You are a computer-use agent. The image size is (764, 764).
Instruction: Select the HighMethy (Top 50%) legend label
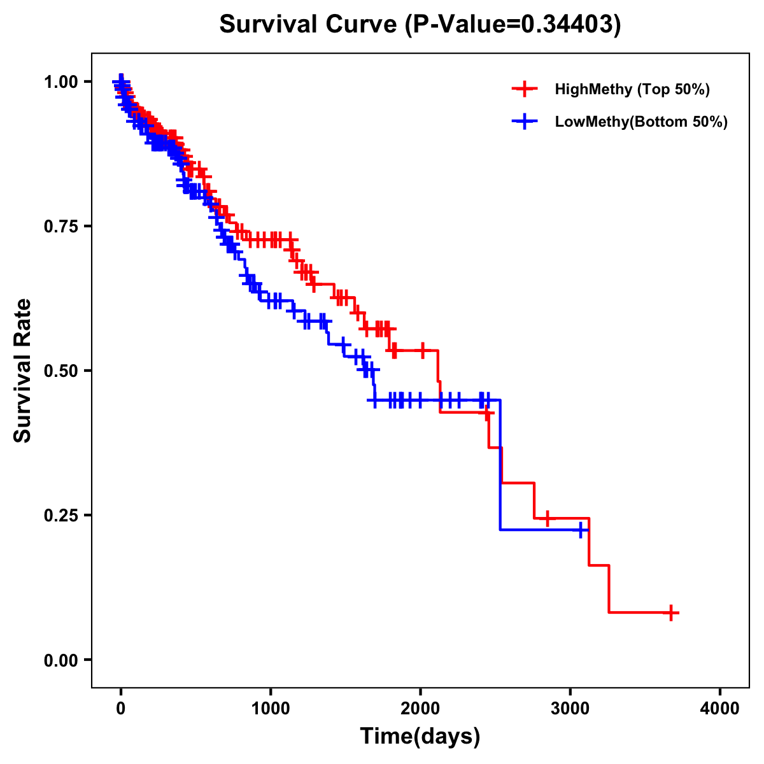pos(632,89)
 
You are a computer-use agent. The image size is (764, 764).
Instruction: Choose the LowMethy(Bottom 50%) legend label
pos(641,122)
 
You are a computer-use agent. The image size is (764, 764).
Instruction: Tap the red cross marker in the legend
pos(524,89)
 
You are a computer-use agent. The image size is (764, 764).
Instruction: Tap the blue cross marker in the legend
pos(524,122)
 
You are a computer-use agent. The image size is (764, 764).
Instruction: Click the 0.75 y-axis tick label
pos(60,226)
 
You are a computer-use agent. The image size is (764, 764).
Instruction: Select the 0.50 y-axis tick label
pos(60,371)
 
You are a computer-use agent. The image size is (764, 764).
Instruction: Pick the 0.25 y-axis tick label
pos(60,515)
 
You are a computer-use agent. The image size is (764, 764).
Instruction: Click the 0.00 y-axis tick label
pos(60,660)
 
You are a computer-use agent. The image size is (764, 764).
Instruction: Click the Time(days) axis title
pos(420,737)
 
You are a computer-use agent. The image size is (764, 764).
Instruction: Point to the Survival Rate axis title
pos(23,371)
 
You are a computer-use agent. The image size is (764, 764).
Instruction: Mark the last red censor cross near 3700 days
pos(670,613)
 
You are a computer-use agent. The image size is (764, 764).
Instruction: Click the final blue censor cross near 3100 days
pos(581,530)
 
